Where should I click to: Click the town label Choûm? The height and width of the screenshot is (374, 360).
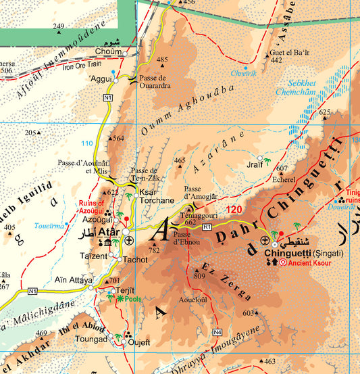109,51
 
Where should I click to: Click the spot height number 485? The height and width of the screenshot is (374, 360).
162,60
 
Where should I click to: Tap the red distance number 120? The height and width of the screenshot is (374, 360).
234,210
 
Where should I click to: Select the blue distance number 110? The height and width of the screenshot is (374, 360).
87,143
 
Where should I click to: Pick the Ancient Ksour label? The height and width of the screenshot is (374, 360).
310,262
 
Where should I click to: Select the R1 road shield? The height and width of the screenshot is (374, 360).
207,226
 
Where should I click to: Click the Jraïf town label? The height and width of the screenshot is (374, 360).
255,164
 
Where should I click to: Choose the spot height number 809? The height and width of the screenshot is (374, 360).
199,276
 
